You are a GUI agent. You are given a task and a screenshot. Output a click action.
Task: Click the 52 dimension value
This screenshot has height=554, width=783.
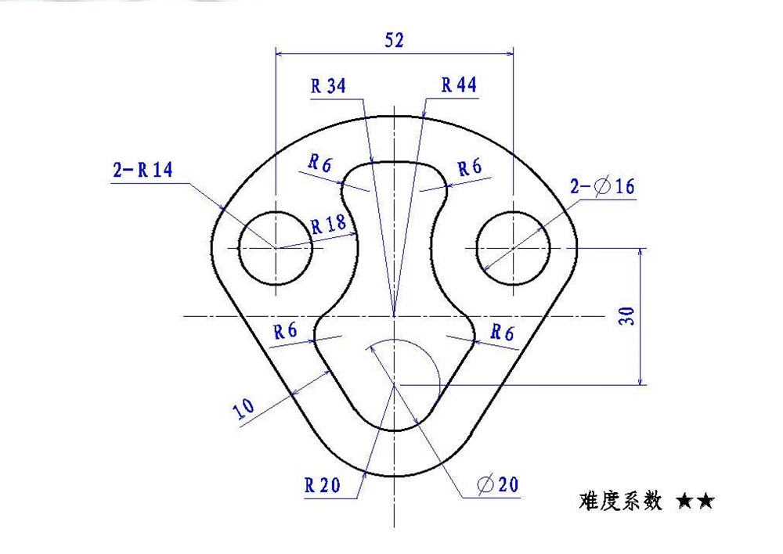(395, 41)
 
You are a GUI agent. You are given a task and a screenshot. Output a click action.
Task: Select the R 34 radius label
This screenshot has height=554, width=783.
(328, 86)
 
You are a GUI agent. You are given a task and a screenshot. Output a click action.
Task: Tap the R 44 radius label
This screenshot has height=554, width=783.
(459, 85)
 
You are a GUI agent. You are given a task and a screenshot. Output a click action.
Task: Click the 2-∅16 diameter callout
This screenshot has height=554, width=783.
(602, 186)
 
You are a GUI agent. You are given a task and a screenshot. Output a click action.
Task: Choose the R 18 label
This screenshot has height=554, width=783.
(328, 225)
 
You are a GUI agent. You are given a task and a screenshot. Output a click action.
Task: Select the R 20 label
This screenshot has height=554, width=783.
(323, 485)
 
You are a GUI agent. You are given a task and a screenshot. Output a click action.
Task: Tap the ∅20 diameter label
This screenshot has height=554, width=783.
(497, 485)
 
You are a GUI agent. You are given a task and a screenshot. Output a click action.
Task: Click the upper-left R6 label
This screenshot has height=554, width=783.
(319, 164)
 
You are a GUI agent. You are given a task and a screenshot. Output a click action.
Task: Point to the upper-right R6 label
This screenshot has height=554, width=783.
(470, 167)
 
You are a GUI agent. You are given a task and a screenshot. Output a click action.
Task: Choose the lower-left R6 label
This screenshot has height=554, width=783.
(285, 331)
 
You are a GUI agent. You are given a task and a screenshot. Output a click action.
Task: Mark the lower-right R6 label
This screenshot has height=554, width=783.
(502, 333)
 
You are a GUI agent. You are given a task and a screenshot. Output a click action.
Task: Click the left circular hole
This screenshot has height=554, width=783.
(275, 247)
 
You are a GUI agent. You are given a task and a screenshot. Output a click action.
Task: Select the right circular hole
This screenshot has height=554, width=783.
(513, 247)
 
